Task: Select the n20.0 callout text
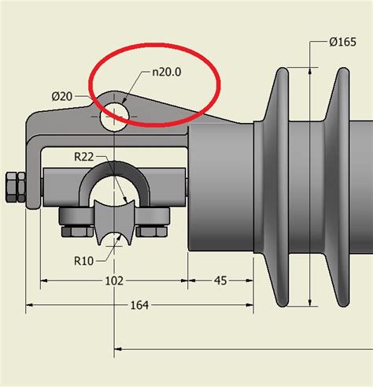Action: point(168,73)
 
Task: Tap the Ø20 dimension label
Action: point(63,96)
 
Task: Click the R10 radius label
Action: point(86,260)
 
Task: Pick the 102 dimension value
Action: point(114,281)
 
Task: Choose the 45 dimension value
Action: point(220,281)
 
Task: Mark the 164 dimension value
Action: point(139,305)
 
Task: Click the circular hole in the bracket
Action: point(115,113)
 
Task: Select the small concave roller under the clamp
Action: point(115,224)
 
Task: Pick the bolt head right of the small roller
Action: point(153,231)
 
